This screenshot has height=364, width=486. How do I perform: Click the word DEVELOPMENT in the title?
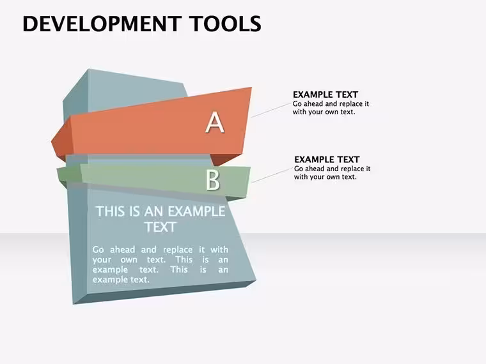point(102,24)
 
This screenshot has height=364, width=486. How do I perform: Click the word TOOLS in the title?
point(225,24)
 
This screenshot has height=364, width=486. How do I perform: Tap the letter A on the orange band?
point(215,122)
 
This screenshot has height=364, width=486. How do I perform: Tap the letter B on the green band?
point(213,180)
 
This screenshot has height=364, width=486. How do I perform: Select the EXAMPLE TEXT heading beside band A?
point(325,95)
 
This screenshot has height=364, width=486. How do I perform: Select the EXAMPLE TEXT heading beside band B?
point(327,160)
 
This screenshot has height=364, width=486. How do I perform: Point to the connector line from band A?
point(271,110)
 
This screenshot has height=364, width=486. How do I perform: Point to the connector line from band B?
point(272,175)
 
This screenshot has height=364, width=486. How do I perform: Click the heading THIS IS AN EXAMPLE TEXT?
point(161,219)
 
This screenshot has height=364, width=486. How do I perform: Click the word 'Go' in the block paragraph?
point(98,250)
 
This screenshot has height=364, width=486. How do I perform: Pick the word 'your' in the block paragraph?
point(102,260)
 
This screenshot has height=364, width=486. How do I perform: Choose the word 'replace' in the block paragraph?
point(178,250)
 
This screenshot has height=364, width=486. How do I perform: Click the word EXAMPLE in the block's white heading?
point(196,211)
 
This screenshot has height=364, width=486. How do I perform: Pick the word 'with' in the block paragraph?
point(219,250)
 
